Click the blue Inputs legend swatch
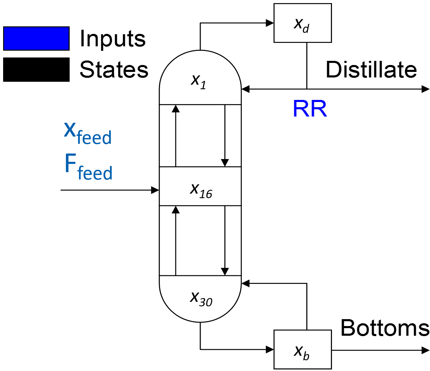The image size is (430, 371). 36,38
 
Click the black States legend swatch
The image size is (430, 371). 36,69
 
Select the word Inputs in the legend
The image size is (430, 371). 113,38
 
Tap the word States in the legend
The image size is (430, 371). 114,69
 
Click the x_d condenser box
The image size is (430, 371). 302,23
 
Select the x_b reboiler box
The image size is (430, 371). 302,350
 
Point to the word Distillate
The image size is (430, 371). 371,69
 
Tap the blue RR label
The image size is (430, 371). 310,109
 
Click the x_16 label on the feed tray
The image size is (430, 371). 201,190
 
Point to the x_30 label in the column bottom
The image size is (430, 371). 201,298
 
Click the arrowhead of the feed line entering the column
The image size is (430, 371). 155,190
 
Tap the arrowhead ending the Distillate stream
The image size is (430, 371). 425,89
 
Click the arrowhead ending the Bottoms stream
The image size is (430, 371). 425,350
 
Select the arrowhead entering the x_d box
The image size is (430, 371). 270,23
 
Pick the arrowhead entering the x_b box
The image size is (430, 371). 270,350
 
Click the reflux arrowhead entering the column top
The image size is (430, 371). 246,89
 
